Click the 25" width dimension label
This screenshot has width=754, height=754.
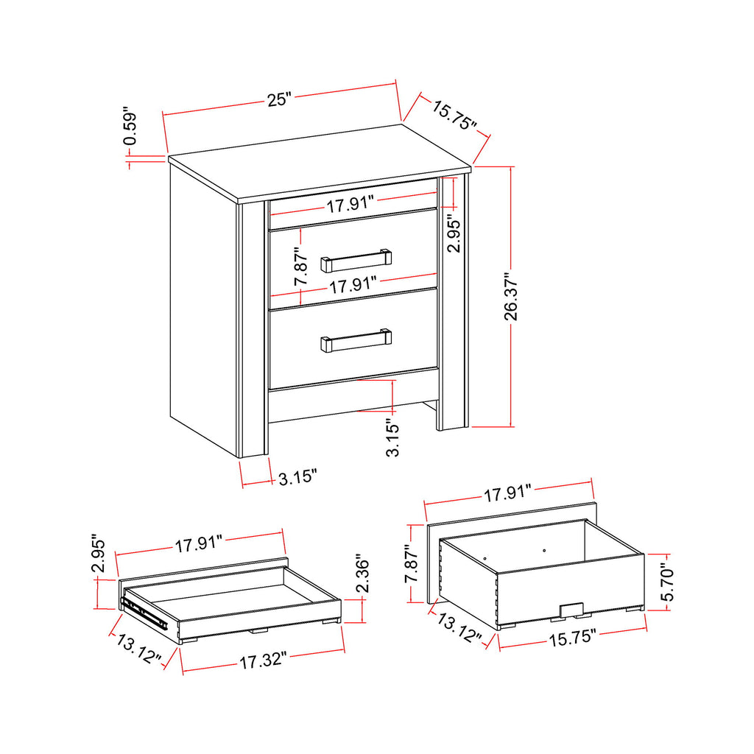click(280, 99)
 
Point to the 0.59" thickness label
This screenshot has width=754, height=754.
click(130, 128)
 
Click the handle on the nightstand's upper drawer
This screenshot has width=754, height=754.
click(356, 259)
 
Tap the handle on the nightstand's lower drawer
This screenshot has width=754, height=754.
click(356, 339)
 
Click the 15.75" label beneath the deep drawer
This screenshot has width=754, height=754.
click(572, 638)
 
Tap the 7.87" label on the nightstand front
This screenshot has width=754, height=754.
click(300, 267)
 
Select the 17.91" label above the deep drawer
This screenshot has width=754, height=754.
click(508, 493)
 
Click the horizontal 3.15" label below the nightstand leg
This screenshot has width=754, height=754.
click(297, 479)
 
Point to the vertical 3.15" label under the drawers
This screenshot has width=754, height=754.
click(393, 437)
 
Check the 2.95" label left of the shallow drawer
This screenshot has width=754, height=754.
click(99, 554)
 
